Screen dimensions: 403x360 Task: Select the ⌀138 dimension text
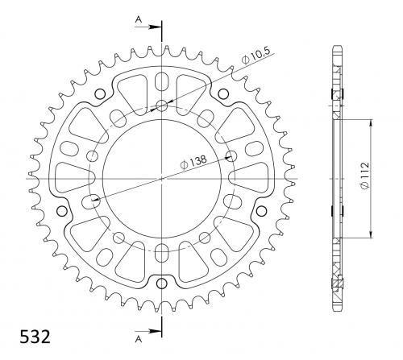tap(193, 162)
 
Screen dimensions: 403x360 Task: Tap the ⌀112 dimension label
tap(365, 176)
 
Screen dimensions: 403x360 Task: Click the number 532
tap(35, 337)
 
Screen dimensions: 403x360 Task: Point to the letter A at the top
tap(139, 19)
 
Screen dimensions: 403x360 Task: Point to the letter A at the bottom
tap(139, 339)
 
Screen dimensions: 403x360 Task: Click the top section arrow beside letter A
tap(147, 27)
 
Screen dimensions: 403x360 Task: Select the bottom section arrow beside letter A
tap(147, 331)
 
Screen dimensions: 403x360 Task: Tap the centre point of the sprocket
tap(162, 179)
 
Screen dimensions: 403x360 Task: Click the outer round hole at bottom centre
tap(162, 283)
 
